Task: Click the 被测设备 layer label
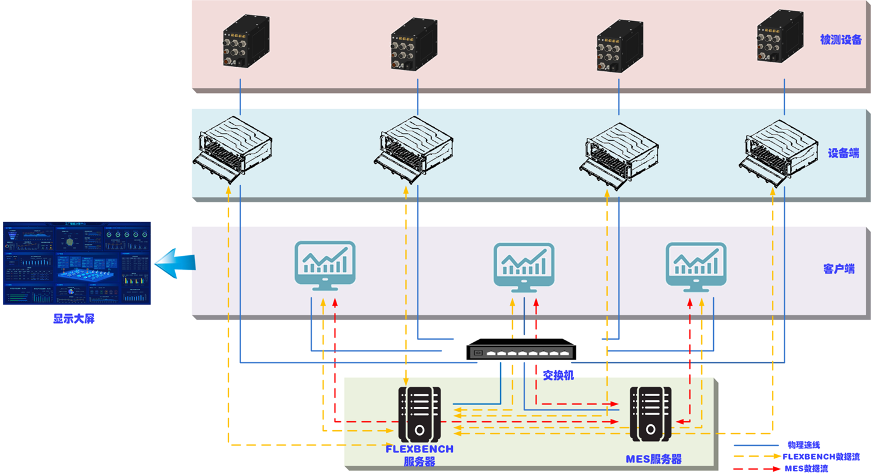840,40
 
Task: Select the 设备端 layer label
843,153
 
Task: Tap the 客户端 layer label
839,269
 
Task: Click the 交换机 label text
558,375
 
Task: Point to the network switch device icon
521,349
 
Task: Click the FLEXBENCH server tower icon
419,414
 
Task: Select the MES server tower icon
650,414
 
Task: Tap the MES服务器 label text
653,459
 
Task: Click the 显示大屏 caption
74,319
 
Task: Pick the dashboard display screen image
77,263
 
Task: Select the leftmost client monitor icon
325,265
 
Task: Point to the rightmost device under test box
779,36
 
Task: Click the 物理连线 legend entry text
803,445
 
